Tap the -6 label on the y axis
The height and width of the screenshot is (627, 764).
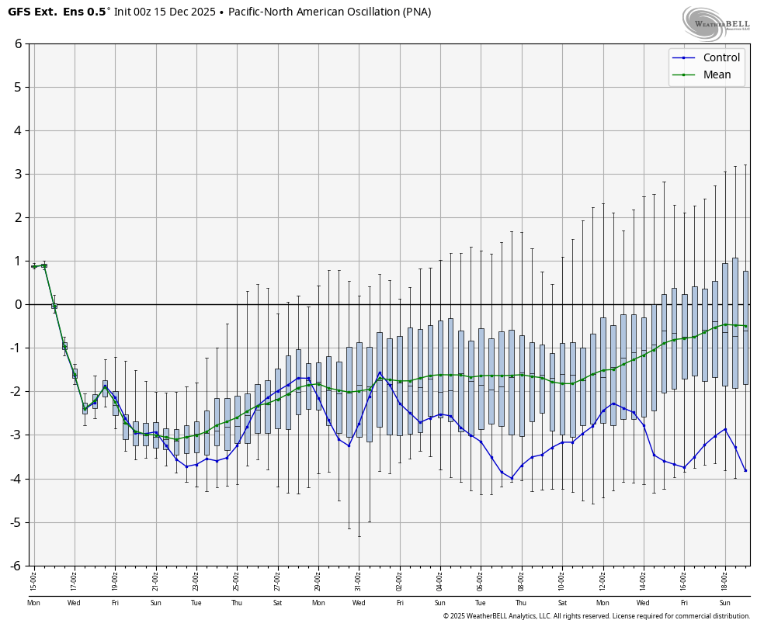[x=16, y=566]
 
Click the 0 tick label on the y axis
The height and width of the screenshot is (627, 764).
[x=18, y=304]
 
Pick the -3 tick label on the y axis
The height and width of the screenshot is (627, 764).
[x=16, y=435]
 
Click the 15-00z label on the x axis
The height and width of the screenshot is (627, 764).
[x=34, y=577]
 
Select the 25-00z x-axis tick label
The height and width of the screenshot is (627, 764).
[x=237, y=577]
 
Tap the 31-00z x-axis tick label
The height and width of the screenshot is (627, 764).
[x=359, y=577]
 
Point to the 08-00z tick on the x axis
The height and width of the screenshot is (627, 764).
[x=521, y=577]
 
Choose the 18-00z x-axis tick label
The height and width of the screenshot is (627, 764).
[x=724, y=577]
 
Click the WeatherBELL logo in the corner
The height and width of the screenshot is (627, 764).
[x=715, y=23]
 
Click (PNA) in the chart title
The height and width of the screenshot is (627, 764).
[x=418, y=12]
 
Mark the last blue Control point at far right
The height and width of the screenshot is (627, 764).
[x=745, y=470]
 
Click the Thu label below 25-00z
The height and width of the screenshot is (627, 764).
[x=237, y=603]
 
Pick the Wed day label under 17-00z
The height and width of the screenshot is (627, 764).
[x=74, y=603]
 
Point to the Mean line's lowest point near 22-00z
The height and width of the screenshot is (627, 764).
[x=176, y=440]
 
